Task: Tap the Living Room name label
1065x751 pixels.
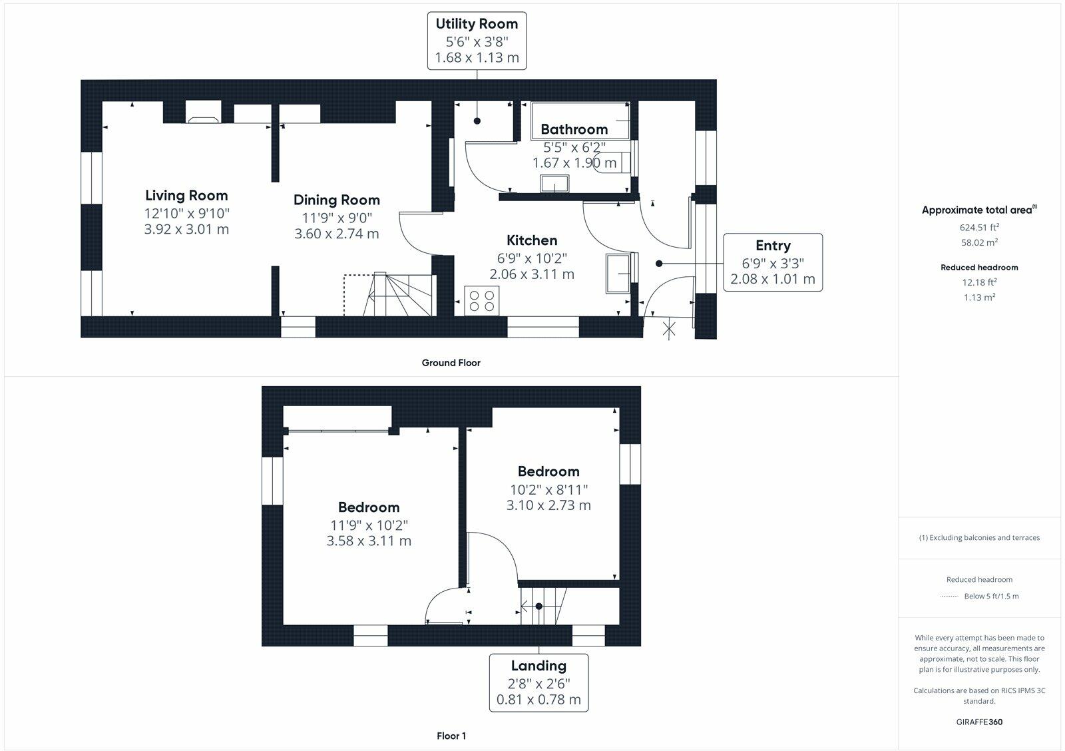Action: click(x=186, y=195)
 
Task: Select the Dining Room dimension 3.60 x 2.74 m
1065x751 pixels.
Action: click(x=337, y=234)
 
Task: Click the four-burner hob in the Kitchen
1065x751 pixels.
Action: click(x=482, y=299)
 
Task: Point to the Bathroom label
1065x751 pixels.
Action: click(x=574, y=129)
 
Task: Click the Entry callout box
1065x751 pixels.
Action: click(x=773, y=262)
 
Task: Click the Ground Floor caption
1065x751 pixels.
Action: click(x=451, y=363)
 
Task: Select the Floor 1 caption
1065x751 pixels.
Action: click(x=451, y=736)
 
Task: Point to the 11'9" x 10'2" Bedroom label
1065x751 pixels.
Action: click(x=369, y=507)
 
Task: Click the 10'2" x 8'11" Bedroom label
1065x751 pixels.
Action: click(x=548, y=471)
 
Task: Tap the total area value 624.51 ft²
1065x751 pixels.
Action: click(x=979, y=227)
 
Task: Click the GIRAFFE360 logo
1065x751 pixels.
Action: click(x=979, y=722)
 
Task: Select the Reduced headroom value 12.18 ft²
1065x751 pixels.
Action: click(x=979, y=282)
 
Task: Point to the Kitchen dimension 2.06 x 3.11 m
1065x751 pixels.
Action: click(x=532, y=274)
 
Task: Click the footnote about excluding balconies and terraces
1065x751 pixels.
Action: click(x=979, y=537)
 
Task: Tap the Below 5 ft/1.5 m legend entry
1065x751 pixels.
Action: click(x=991, y=596)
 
